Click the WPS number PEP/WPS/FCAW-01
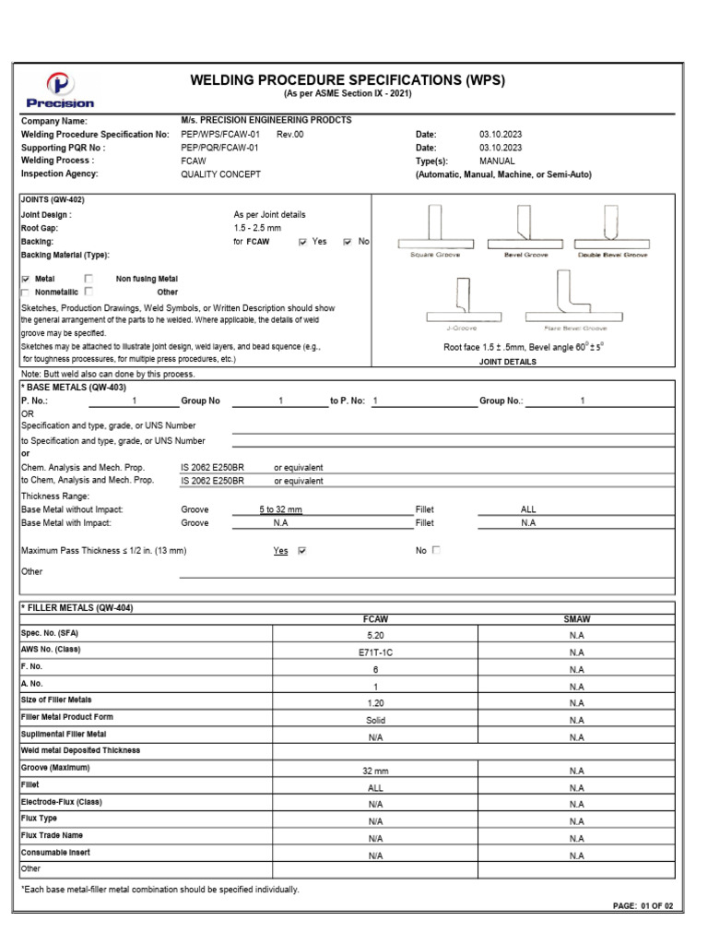pos(220,135)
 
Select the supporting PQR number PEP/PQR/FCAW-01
pos(220,148)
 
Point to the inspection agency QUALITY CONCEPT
pos(220,174)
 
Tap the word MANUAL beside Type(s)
pos(497,161)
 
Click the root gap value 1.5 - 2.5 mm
pos(259,228)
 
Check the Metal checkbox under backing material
pos(26,279)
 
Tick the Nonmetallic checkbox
pos(26,292)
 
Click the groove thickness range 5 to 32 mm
pos(280,509)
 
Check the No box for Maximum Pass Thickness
pos(437,550)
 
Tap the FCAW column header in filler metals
pos(374,619)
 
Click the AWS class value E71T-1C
pos(374,652)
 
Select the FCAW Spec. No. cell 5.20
pos(374,635)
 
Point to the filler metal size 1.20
pos(374,702)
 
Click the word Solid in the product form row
pos(374,720)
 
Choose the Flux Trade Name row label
pos(53,835)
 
